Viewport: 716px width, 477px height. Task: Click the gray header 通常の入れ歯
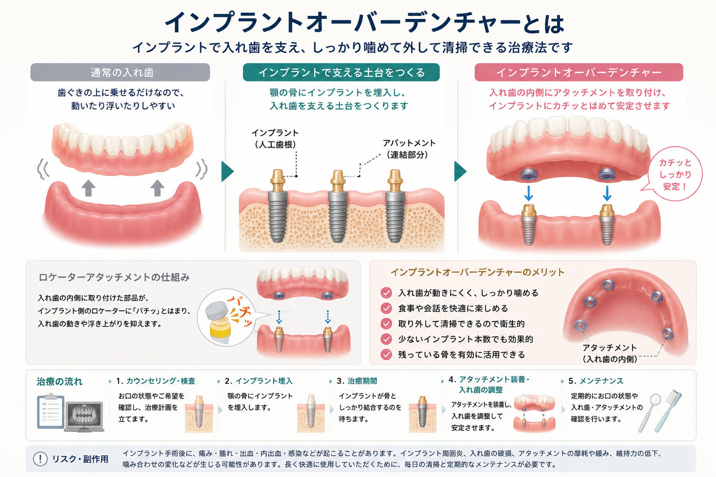(x=120, y=72)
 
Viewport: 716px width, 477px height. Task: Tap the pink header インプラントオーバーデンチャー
(x=579, y=72)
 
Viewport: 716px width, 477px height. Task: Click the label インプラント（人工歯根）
(x=275, y=139)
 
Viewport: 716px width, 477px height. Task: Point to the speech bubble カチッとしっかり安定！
(x=675, y=174)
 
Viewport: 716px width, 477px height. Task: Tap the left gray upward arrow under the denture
(x=88, y=188)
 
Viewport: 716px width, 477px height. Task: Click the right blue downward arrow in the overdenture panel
(x=607, y=193)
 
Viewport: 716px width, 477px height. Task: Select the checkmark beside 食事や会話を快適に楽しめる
(x=386, y=308)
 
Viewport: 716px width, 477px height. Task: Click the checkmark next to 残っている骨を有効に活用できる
(x=386, y=354)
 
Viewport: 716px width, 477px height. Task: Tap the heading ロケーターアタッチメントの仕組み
(x=114, y=277)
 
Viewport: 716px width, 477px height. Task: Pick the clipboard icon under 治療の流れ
(x=50, y=411)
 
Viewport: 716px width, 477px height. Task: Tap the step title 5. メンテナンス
(x=596, y=381)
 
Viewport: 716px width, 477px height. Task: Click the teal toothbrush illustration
(x=668, y=411)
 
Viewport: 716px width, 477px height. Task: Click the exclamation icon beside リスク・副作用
(x=40, y=459)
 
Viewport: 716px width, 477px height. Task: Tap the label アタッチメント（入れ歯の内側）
(x=610, y=354)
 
